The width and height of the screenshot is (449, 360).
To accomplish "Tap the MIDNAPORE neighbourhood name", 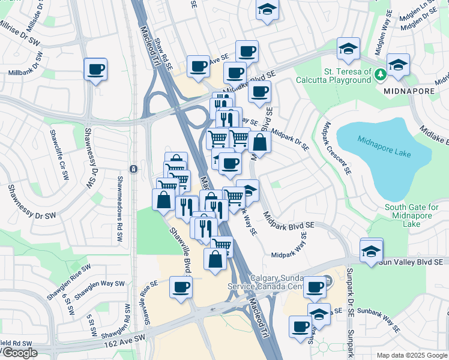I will coord(402,90).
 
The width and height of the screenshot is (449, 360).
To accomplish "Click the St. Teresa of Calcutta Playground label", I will coord(348,76).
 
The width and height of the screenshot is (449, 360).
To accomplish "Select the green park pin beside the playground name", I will coord(380,75).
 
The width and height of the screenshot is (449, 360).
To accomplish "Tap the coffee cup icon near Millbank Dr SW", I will coord(95,70).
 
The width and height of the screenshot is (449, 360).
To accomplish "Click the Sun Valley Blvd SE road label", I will coord(413,262).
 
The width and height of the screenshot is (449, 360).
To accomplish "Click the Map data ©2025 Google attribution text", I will coord(411,355).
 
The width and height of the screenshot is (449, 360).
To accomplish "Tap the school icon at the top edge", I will coord(268,10).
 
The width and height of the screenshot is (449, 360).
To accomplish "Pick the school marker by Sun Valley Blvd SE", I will coord(372,251).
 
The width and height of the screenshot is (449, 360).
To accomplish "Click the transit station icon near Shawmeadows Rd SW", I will coord(133,169).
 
